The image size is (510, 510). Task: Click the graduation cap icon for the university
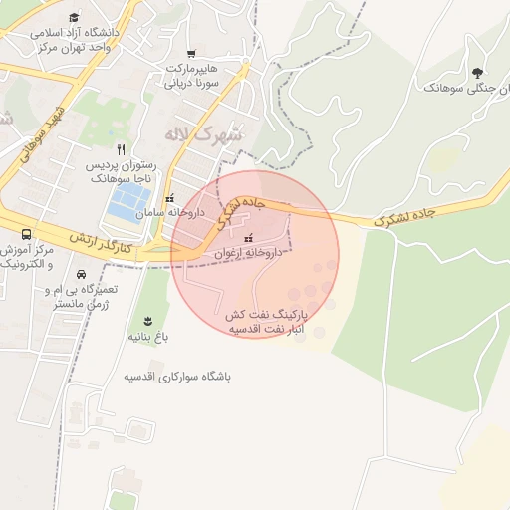pyautogui.click(x=74, y=17)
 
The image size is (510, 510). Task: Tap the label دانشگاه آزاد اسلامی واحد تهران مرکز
pyautogui.click(x=75, y=39)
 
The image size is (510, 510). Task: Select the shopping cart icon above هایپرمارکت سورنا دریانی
pyautogui.click(x=190, y=54)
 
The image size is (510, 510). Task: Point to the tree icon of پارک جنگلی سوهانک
pyautogui.click(x=477, y=72)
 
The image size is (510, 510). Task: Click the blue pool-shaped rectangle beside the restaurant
pyautogui.click(x=127, y=203)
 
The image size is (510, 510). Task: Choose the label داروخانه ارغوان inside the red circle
pyautogui.click(x=249, y=254)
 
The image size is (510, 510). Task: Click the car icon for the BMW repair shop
pyautogui.click(x=81, y=274)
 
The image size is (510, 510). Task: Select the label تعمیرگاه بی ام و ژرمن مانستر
pyautogui.click(x=81, y=295)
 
